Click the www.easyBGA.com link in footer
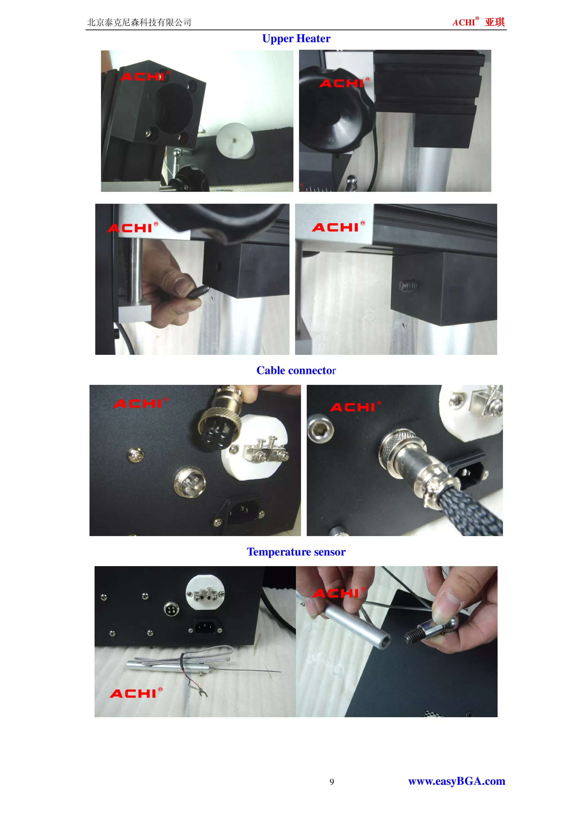pos(456,781)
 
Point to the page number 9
pos(332,782)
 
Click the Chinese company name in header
pos(139,22)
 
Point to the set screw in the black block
pos(408,285)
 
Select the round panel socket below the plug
pos(190,482)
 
